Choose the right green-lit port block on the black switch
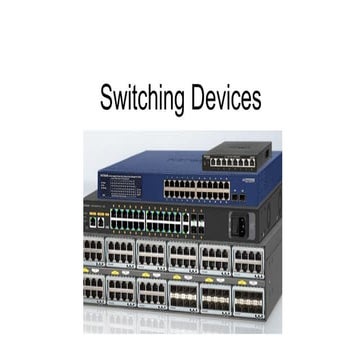pos(166,220)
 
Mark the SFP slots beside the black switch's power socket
pos(197,223)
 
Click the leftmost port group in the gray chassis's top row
pos(94,253)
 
